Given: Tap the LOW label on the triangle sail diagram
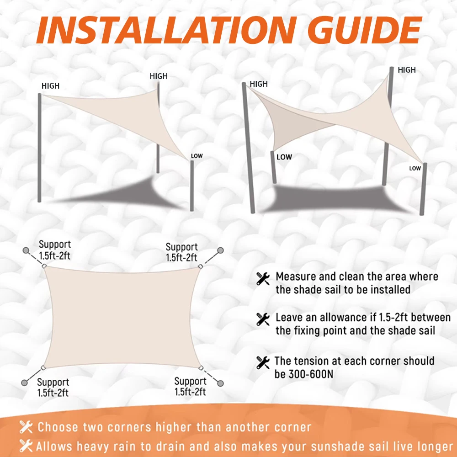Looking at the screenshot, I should point(197,156).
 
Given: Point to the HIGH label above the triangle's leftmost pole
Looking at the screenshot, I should point(50,86).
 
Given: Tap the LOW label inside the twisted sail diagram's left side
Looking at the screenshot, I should point(284,157).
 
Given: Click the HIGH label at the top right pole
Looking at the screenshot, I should point(407,70).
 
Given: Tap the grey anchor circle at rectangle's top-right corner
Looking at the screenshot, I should point(220,250).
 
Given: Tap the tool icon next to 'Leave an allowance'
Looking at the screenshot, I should point(263,319).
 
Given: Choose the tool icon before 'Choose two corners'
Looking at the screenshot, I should point(26,428).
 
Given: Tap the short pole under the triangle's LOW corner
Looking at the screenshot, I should point(192,185).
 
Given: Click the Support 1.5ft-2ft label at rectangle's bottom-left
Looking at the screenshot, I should point(53,387).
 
